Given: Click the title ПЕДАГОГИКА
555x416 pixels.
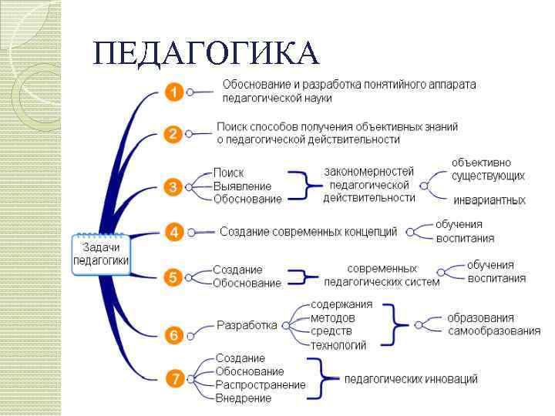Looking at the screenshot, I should click(x=204, y=52).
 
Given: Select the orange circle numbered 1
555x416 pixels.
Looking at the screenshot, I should click(x=173, y=92).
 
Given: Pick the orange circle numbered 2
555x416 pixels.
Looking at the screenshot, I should click(x=173, y=134).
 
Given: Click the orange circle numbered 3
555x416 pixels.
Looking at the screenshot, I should click(x=173, y=186).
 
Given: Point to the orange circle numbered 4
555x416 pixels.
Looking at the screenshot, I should click(x=173, y=231).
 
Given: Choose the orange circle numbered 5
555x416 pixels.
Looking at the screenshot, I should click(x=173, y=277).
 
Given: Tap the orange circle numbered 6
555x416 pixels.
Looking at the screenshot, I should click(x=173, y=334).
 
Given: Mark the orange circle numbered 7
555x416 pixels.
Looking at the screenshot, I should click(x=173, y=378).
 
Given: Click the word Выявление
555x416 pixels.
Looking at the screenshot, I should click(x=242, y=186).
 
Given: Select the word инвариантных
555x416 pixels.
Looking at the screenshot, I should click(x=489, y=200).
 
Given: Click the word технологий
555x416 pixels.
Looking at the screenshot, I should click(x=338, y=345).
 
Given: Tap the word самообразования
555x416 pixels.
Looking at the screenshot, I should click(x=493, y=331).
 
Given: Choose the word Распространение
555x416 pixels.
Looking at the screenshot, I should click(x=260, y=385).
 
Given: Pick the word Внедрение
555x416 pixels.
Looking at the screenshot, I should click(x=243, y=398).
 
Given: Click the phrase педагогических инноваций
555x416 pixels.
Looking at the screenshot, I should click(x=410, y=379).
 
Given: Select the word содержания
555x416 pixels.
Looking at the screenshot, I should click(x=341, y=304).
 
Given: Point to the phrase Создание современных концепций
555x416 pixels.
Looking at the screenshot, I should click(x=308, y=231).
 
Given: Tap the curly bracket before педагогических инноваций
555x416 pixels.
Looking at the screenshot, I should click(x=330, y=378).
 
